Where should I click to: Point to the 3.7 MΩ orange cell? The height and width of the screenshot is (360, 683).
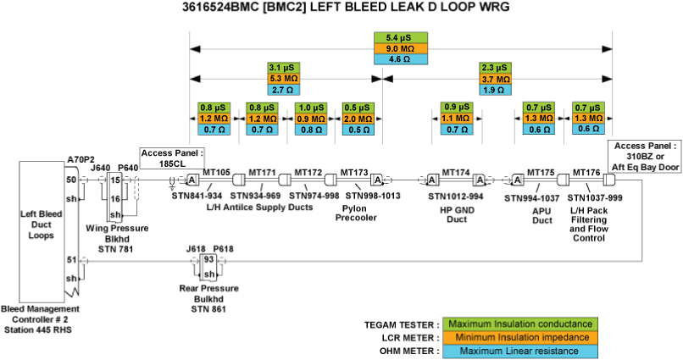click(496, 78)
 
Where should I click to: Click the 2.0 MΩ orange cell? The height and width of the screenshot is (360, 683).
click(358, 119)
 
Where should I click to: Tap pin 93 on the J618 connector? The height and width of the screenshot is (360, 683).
click(207, 259)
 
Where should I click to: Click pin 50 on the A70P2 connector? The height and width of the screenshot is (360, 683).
click(71, 180)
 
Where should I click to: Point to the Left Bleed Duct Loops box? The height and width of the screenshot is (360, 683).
click(43, 225)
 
